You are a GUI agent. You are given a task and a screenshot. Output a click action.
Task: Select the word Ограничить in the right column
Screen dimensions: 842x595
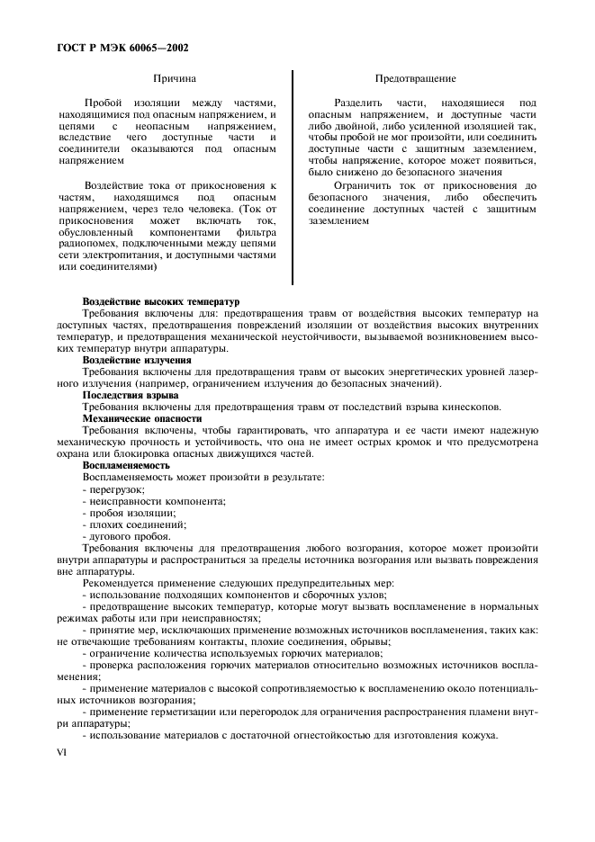pyautogui.click(x=361, y=185)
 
